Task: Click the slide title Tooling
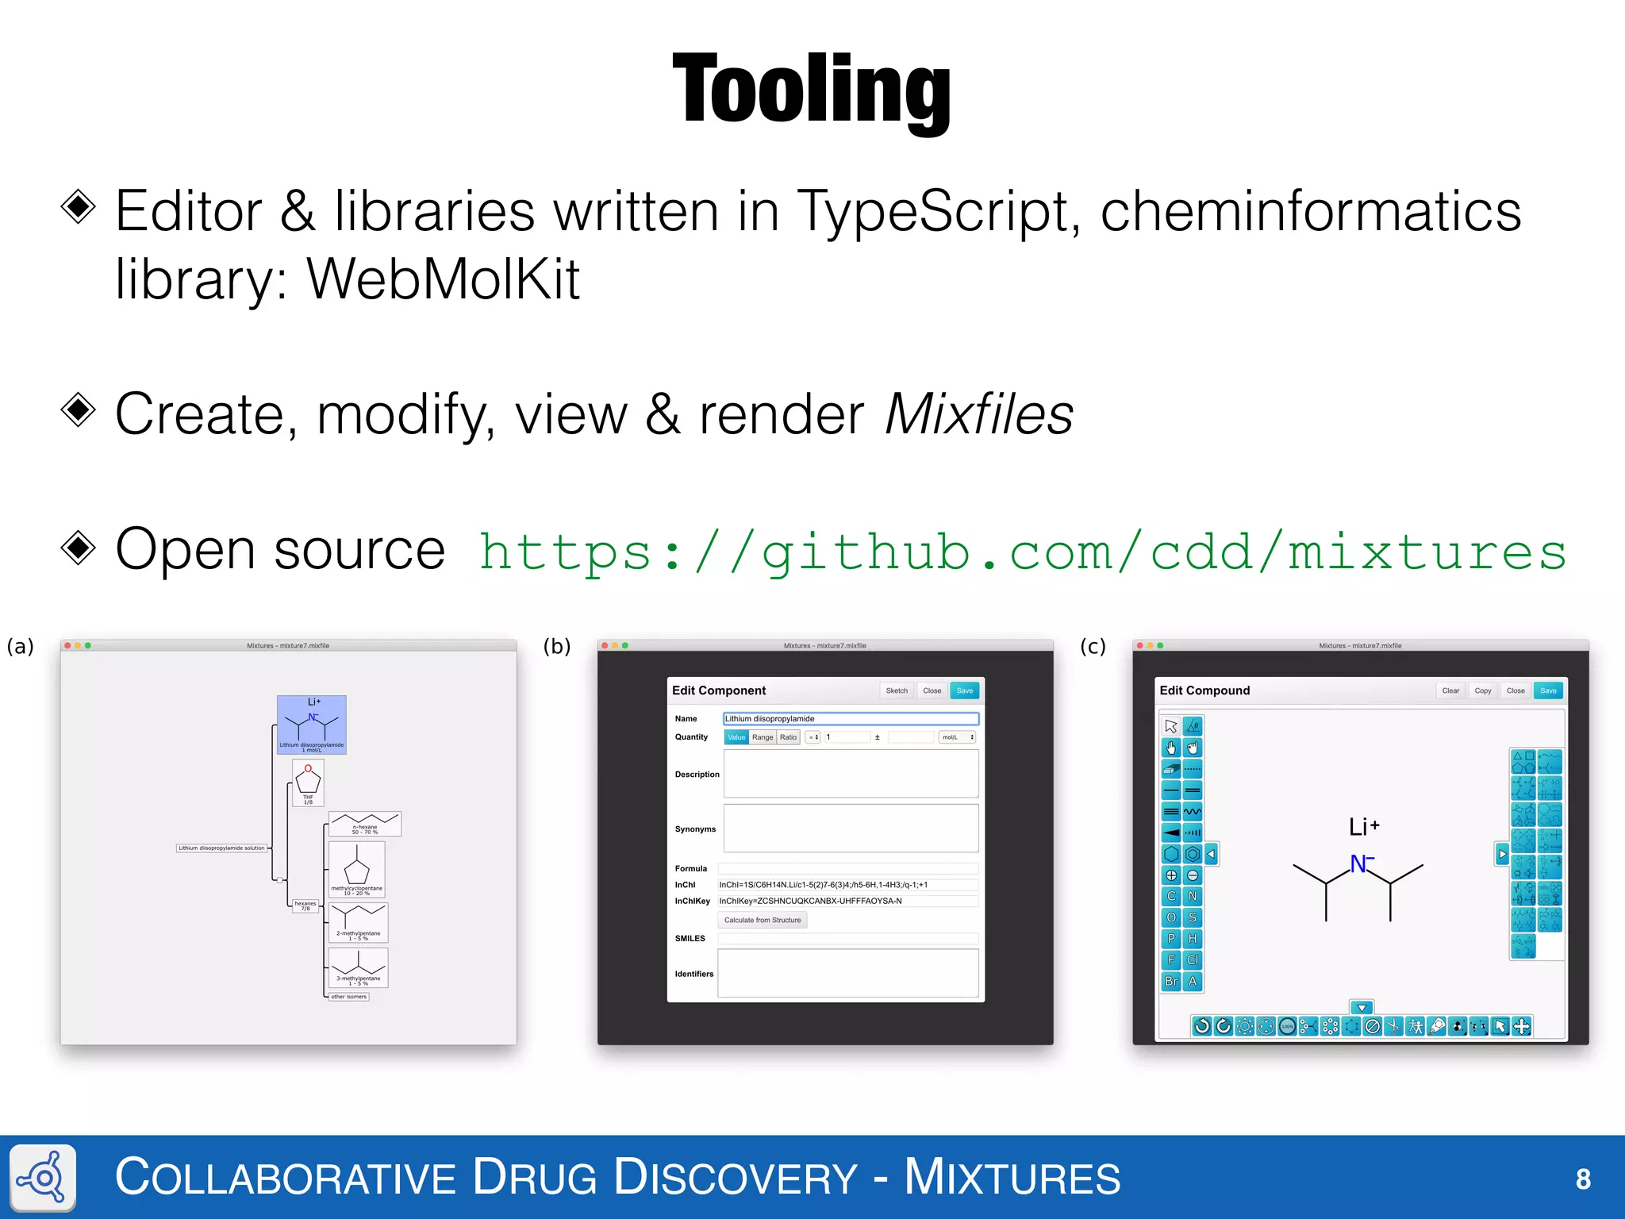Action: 811,89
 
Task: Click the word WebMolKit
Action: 443,279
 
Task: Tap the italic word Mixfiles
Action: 978,414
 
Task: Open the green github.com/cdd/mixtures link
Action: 1022,552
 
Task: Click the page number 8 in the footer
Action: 1583,1179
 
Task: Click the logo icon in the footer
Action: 44,1178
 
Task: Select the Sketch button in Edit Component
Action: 897,690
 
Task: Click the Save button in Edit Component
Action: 964,690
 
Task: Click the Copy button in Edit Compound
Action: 1482,690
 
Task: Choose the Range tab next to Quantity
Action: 762,737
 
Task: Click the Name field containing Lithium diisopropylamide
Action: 851,718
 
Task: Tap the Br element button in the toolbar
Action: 1171,982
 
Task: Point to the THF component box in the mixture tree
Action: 308,783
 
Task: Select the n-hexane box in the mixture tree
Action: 365,824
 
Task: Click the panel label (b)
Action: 557,646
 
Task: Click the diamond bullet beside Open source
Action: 79,548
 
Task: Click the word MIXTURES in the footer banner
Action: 1012,1178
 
